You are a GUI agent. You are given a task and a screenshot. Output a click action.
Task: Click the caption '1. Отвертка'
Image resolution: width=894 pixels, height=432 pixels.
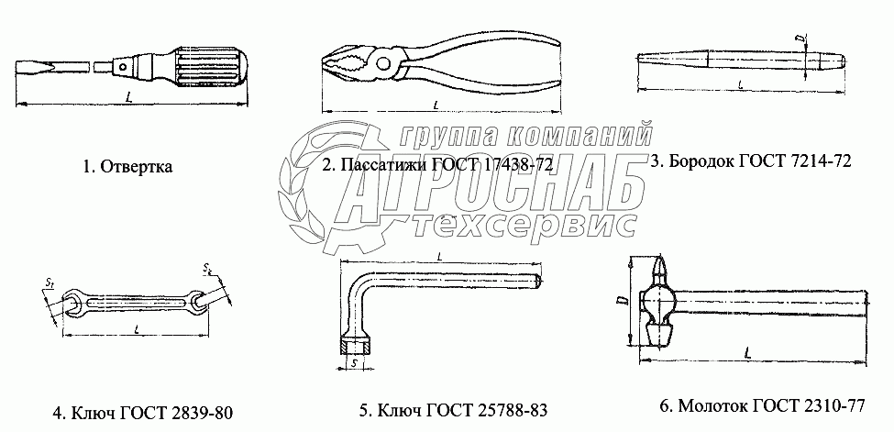[x=127, y=167]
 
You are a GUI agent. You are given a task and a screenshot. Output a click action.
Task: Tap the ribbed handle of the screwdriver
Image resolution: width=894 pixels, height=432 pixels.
[x=213, y=67]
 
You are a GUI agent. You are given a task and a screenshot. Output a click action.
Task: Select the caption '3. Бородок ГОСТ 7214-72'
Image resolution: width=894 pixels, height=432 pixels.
[x=751, y=161]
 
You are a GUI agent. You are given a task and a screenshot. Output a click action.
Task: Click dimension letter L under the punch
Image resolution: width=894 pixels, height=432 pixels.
[x=740, y=84]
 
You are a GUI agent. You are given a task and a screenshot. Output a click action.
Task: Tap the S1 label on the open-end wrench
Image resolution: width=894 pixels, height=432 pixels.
[x=49, y=282]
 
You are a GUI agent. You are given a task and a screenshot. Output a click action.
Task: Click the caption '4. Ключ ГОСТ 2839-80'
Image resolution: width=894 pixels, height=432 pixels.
[x=142, y=412]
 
